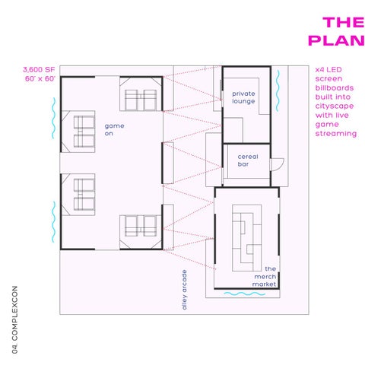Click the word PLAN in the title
point(336,40)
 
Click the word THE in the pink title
point(344,22)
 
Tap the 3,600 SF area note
point(39,69)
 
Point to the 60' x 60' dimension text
point(40,78)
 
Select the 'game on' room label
point(114,129)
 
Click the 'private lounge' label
point(243,97)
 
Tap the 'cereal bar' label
point(248,160)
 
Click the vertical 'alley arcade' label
point(184,290)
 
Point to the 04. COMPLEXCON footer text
point(14,319)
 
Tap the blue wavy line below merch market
point(245,294)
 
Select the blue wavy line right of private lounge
point(278,90)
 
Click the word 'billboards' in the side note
point(335,88)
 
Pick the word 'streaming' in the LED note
point(336,134)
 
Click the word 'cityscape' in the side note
point(335,106)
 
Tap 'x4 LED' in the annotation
point(328,70)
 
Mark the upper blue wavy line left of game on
point(53,118)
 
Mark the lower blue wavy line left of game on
point(53,222)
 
